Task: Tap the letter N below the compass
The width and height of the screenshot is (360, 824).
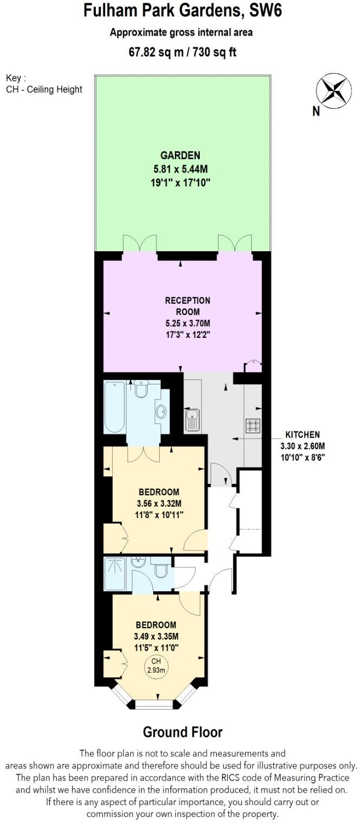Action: pos(316,112)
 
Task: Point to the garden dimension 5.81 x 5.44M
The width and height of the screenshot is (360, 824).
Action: pos(180,168)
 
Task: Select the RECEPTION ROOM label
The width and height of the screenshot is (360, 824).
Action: pos(187,306)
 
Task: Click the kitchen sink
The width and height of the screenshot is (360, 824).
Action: pos(192,421)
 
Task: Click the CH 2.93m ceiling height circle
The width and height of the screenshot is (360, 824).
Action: pos(156,666)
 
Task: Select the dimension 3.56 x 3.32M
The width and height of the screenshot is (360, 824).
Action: pos(159,503)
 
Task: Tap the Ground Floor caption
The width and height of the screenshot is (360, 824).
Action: pos(182,733)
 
